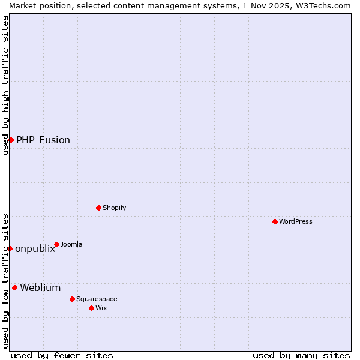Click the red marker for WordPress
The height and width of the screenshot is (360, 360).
coord(275,221)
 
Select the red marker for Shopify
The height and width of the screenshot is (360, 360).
coord(98,208)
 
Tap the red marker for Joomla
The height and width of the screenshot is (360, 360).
coord(56,244)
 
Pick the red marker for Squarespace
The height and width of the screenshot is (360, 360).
coord(72,299)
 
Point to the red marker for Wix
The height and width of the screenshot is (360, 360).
coord(91,308)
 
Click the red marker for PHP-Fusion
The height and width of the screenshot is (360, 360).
coord(11,140)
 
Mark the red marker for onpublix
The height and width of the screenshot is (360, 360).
coord(10,248)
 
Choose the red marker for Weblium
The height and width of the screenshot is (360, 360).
coord(14,287)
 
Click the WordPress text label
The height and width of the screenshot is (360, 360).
coord(296,221)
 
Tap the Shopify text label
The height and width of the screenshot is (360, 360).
coord(114,208)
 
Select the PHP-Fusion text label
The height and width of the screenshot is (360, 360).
coord(43,140)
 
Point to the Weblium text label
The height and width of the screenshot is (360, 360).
coord(40,287)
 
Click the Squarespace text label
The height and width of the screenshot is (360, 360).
coord(97,299)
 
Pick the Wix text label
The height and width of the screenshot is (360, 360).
coord(101,308)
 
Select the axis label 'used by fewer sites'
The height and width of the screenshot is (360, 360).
coord(62,355)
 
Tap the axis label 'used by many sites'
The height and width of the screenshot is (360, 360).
coord(301,355)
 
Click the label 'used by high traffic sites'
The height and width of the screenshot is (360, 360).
coord(5,85)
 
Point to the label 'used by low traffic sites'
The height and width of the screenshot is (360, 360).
coord(5,280)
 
